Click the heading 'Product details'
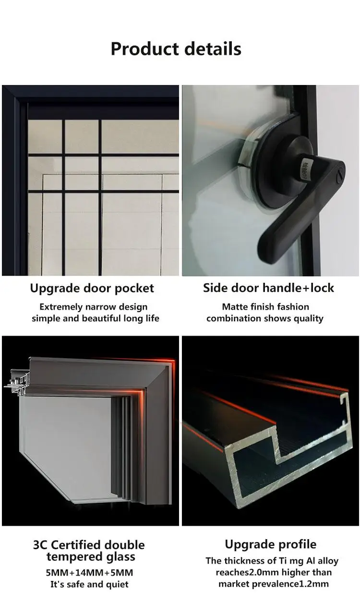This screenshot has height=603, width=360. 176,48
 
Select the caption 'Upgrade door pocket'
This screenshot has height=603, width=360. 92,289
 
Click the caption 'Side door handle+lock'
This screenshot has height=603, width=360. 268,288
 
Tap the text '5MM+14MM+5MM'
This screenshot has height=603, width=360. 89,573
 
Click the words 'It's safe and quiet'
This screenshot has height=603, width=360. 89,584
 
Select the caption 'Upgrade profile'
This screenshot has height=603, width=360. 270,545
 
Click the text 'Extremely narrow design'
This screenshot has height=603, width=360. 94,307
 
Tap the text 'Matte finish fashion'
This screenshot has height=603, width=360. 265,307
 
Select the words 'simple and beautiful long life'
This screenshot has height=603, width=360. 96,318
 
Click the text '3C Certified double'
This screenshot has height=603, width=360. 89,545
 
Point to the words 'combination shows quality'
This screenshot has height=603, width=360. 265,318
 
